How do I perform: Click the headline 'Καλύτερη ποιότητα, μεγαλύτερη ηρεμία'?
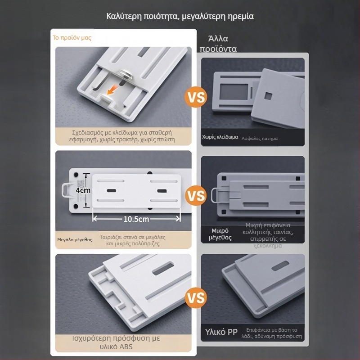point(180,16)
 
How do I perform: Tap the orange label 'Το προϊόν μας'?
point(72,38)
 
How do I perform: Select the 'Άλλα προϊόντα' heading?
point(218,44)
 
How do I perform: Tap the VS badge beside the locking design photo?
point(196,97)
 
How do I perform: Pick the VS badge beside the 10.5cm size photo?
point(196,195)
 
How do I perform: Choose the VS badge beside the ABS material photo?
point(196,298)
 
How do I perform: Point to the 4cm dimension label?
point(83,190)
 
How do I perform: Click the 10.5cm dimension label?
point(136,219)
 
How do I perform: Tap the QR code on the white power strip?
point(81,184)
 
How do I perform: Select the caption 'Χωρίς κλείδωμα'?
point(220,137)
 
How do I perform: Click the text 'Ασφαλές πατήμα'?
point(260,139)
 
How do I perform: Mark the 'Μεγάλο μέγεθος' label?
point(75,240)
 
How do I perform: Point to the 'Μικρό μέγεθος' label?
point(220,234)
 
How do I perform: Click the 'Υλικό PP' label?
point(221,332)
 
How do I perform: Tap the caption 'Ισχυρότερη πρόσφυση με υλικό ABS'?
point(116,342)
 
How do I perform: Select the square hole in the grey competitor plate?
point(268,96)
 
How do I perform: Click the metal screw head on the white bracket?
point(125,74)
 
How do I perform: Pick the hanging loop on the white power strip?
point(66,190)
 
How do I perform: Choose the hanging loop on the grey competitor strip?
point(216,195)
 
